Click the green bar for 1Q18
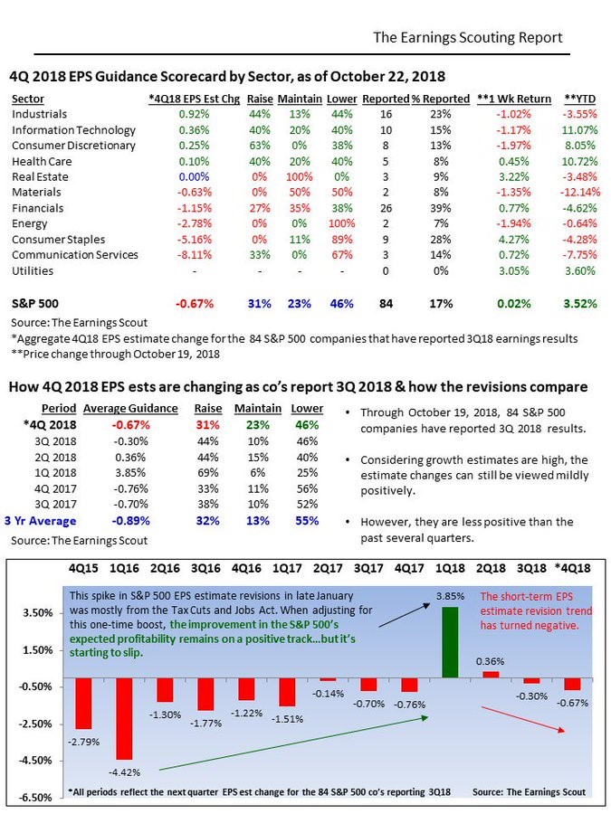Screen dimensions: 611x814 (450, 642)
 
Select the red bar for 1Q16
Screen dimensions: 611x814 (124, 718)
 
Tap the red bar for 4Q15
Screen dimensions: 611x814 (83, 704)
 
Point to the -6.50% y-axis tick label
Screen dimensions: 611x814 (36, 798)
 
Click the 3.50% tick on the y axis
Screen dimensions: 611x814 (37, 612)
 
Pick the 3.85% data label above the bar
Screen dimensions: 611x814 (450, 597)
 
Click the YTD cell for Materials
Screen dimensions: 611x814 (580, 192)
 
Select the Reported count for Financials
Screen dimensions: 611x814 (386, 208)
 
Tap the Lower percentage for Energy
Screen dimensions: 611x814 (342, 223)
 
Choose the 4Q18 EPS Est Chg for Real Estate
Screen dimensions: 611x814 (194, 177)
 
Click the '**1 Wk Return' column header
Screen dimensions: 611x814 (514, 99)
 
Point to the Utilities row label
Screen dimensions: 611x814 (33, 271)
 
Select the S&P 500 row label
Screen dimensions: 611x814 (35, 304)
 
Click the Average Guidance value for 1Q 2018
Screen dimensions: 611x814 (130, 473)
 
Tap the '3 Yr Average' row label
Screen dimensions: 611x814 (41, 521)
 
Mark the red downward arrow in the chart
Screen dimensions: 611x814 (522, 719)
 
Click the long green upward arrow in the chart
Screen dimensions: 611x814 (293, 743)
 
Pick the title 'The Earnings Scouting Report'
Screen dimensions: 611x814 (468, 37)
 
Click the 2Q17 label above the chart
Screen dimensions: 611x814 (328, 568)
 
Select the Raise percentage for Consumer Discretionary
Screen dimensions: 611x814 (260, 146)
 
